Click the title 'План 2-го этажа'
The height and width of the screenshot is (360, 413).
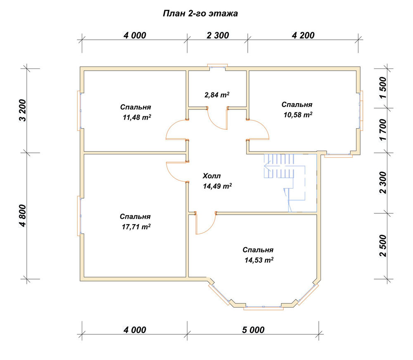(200, 14)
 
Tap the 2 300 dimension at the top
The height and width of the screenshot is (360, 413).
(218, 35)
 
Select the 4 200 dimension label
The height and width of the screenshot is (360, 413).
(303, 35)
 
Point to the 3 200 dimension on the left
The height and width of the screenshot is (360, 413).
(23, 110)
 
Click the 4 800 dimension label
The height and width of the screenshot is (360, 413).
(23, 216)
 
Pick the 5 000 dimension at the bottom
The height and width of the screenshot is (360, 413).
(254, 330)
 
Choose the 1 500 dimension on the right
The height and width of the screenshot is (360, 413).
(383, 88)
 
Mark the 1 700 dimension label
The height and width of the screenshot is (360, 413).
(383, 130)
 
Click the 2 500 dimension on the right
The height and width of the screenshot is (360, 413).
(383, 246)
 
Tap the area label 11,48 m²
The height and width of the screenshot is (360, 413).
(137, 117)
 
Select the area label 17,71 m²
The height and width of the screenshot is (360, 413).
(136, 227)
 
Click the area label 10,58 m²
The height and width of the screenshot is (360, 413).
(298, 115)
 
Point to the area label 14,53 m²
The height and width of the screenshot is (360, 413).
(259, 260)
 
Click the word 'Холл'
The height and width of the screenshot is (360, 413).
(212, 175)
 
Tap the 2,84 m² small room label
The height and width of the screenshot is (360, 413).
(217, 95)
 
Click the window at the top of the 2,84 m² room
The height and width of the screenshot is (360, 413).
(217, 66)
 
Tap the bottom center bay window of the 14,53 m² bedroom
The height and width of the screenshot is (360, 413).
(263, 308)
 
